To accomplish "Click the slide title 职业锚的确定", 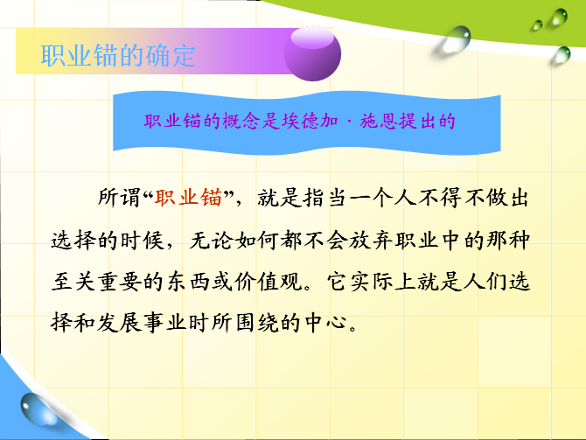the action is (x=118, y=56).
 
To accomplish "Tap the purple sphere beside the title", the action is (x=312, y=53).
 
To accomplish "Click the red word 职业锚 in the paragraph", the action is (x=189, y=198).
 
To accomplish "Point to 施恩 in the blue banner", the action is (x=378, y=121).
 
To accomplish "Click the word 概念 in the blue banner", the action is (x=241, y=121).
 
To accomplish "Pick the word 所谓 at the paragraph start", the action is (x=119, y=198).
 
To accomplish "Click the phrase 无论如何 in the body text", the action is (x=234, y=240).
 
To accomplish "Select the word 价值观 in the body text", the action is (x=269, y=282).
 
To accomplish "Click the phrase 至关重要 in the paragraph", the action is (x=96, y=282).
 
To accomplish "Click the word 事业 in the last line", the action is (x=164, y=323).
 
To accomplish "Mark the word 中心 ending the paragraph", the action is (x=325, y=323).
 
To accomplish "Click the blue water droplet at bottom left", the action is (x=37, y=409).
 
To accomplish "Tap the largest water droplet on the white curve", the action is (x=457, y=38).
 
